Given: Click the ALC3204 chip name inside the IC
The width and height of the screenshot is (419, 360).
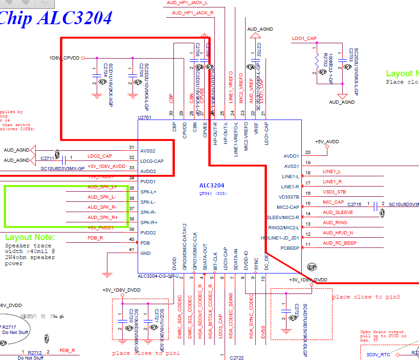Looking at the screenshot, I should pyautogui.click(x=212, y=185).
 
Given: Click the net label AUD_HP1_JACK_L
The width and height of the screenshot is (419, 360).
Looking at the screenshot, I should pyautogui.click(x=187, y=3).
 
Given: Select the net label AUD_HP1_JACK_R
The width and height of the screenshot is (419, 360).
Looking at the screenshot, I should pyautogui.click(x=193, y=13).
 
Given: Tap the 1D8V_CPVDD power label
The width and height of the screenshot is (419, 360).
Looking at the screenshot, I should pyautogui.click(x=65, y=58).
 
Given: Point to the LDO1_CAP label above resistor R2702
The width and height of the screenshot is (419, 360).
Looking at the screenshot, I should pyautogui.click(x=304, y=39).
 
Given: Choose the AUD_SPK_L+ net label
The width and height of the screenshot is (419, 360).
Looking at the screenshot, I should pyautogui.click(x=102, y=187).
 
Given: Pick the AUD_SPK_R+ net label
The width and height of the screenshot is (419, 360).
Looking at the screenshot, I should pyautogui.click(x=102, y=218).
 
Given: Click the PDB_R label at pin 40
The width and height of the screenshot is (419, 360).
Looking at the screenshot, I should pyautogui.click(x=95, y=238).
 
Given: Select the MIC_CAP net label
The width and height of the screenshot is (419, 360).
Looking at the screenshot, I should pyautogui.click(x=333, y=202).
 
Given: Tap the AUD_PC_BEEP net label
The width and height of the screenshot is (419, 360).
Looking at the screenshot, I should pyautogui.click(x=340, y=243).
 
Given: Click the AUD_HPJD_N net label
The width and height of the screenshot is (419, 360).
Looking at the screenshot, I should pyautogui.click(x=338, y=233).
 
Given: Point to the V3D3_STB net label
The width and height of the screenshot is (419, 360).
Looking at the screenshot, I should pyautogui.click(x=334, y=192).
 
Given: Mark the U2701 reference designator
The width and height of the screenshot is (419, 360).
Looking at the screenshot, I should pyautogui.click(x=145, y=118).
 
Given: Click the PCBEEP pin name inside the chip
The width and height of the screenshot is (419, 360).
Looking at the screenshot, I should pyautogui.click(x=290, y=248).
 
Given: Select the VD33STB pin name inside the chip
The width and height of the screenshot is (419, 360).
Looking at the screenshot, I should pyautogui.click(x=288, y=197).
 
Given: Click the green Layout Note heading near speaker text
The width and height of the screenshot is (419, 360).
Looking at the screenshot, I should pyautogui.click(x=30, y=237).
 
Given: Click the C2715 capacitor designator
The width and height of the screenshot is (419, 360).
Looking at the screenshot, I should pyautogui.click(x=354, y=205).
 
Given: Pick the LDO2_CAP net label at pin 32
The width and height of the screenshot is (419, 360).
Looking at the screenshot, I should pyautogui.click(x=100, y=156).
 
